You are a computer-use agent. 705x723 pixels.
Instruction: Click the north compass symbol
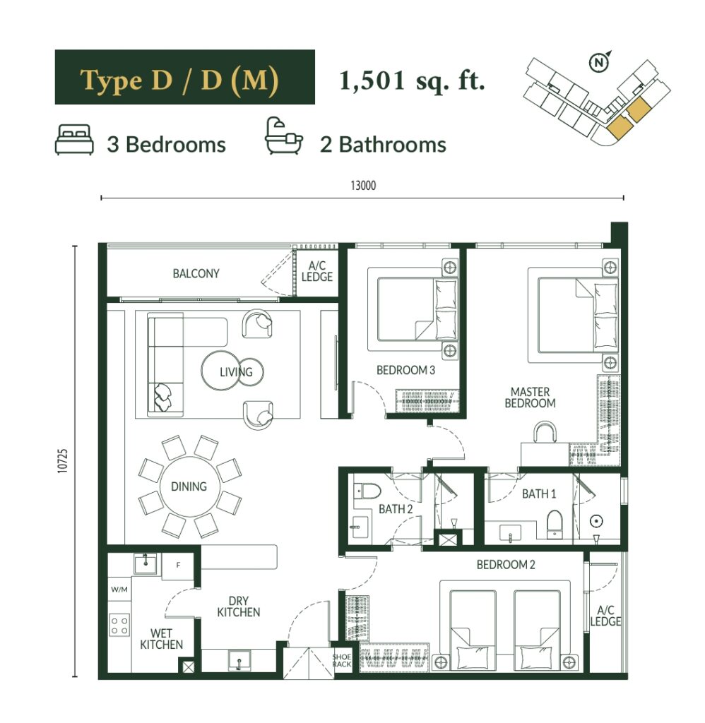coord(599,63)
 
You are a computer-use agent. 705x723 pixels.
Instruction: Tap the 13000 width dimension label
coord(363,186)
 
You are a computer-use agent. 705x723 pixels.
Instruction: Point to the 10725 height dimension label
coord(63,460)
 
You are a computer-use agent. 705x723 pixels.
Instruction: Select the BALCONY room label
coord(196,273)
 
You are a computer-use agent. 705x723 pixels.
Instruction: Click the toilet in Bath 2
coord(367,491)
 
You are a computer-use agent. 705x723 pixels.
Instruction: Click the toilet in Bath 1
coord(555,525)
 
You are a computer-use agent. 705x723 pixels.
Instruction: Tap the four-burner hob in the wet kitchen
coord(119,626)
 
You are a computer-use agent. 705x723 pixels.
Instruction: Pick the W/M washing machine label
coord(119,590)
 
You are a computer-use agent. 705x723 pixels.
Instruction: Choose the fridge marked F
coord(177,566)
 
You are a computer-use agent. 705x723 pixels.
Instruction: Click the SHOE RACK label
coord(341,660)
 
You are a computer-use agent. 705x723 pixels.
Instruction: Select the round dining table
coord(189,487)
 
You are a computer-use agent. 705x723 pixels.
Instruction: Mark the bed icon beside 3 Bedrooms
coord(74,139)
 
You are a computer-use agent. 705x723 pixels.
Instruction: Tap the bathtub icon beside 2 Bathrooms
coord(283,136)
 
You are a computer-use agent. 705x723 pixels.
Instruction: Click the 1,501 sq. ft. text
coord(412,81)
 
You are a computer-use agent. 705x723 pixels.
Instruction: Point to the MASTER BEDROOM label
coord(530,398)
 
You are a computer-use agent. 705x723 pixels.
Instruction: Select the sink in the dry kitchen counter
coord(239,661)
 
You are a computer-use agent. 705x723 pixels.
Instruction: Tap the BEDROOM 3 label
coord(405,370)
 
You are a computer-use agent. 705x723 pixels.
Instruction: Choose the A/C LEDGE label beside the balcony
coord(317,271)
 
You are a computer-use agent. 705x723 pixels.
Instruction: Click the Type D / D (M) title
coord(179,80)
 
